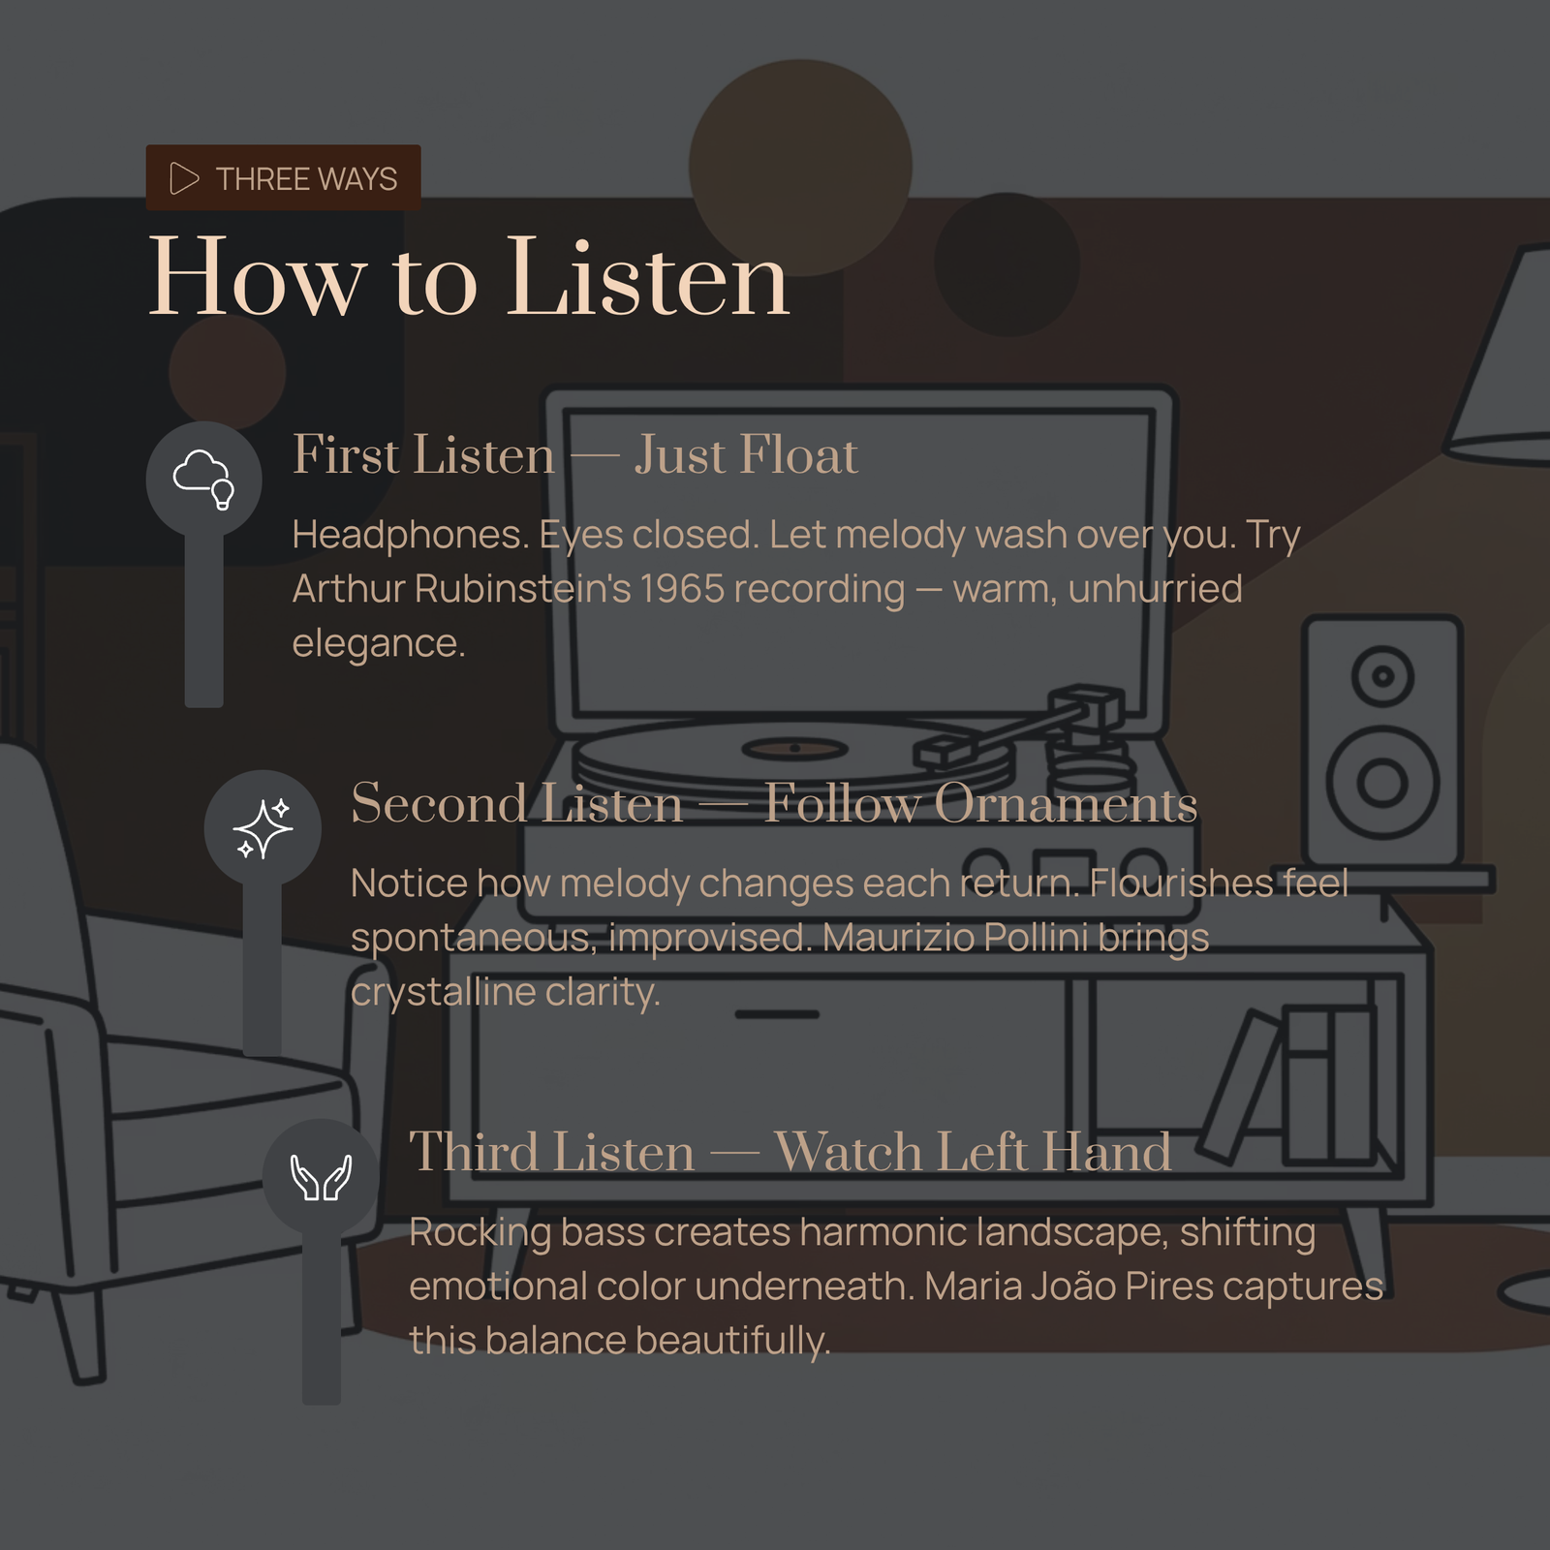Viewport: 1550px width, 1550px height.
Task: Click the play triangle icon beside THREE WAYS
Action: (x=183, y=178)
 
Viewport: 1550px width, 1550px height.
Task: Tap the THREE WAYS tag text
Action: (x=306, y=179)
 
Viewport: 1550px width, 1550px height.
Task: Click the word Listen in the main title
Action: (x=648, y=278)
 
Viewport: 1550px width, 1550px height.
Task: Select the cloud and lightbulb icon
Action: (x=203, y=480)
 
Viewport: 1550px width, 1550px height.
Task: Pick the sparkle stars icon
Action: (x=263, y=828)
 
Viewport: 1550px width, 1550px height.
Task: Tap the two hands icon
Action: (x=321, y=1177)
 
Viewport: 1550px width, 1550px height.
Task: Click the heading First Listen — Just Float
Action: (x=575, y=454)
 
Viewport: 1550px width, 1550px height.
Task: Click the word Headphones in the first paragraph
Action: (x=411, y=535)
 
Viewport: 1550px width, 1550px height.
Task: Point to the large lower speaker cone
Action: (x=1382, y=781)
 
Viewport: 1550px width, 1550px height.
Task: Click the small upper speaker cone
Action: (x=1382, y=675)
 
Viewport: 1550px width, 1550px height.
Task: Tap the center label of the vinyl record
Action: (x=794, y=748)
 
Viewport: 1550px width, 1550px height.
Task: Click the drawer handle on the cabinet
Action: (x=777, y=1014)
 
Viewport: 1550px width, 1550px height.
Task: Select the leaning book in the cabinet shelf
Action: (x=1240, y=1086)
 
